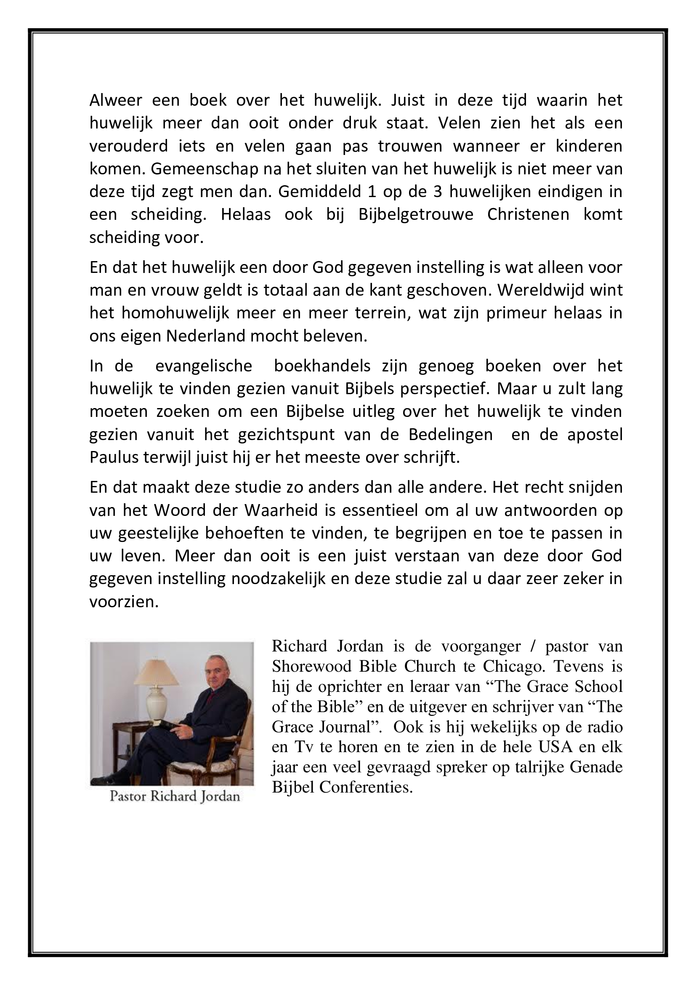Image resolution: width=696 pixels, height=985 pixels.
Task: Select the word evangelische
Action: click(204, 366)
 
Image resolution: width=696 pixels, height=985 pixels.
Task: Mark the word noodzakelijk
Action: click(279, 579)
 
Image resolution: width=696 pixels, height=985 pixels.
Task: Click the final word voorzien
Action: click(124, 602)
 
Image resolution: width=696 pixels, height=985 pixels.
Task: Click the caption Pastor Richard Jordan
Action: click(175, 797)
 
